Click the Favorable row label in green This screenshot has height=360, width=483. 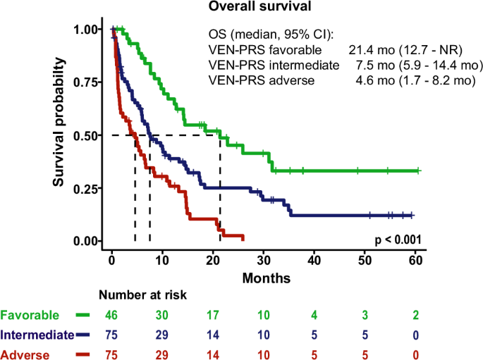click(x=30, y=314)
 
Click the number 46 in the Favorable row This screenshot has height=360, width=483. click(x=112, y=314)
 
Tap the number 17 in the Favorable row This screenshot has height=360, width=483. click(x=214, y=314)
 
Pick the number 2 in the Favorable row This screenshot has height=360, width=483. click(x=415, y=314)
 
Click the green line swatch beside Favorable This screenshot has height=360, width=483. click(x=82, y=314)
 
